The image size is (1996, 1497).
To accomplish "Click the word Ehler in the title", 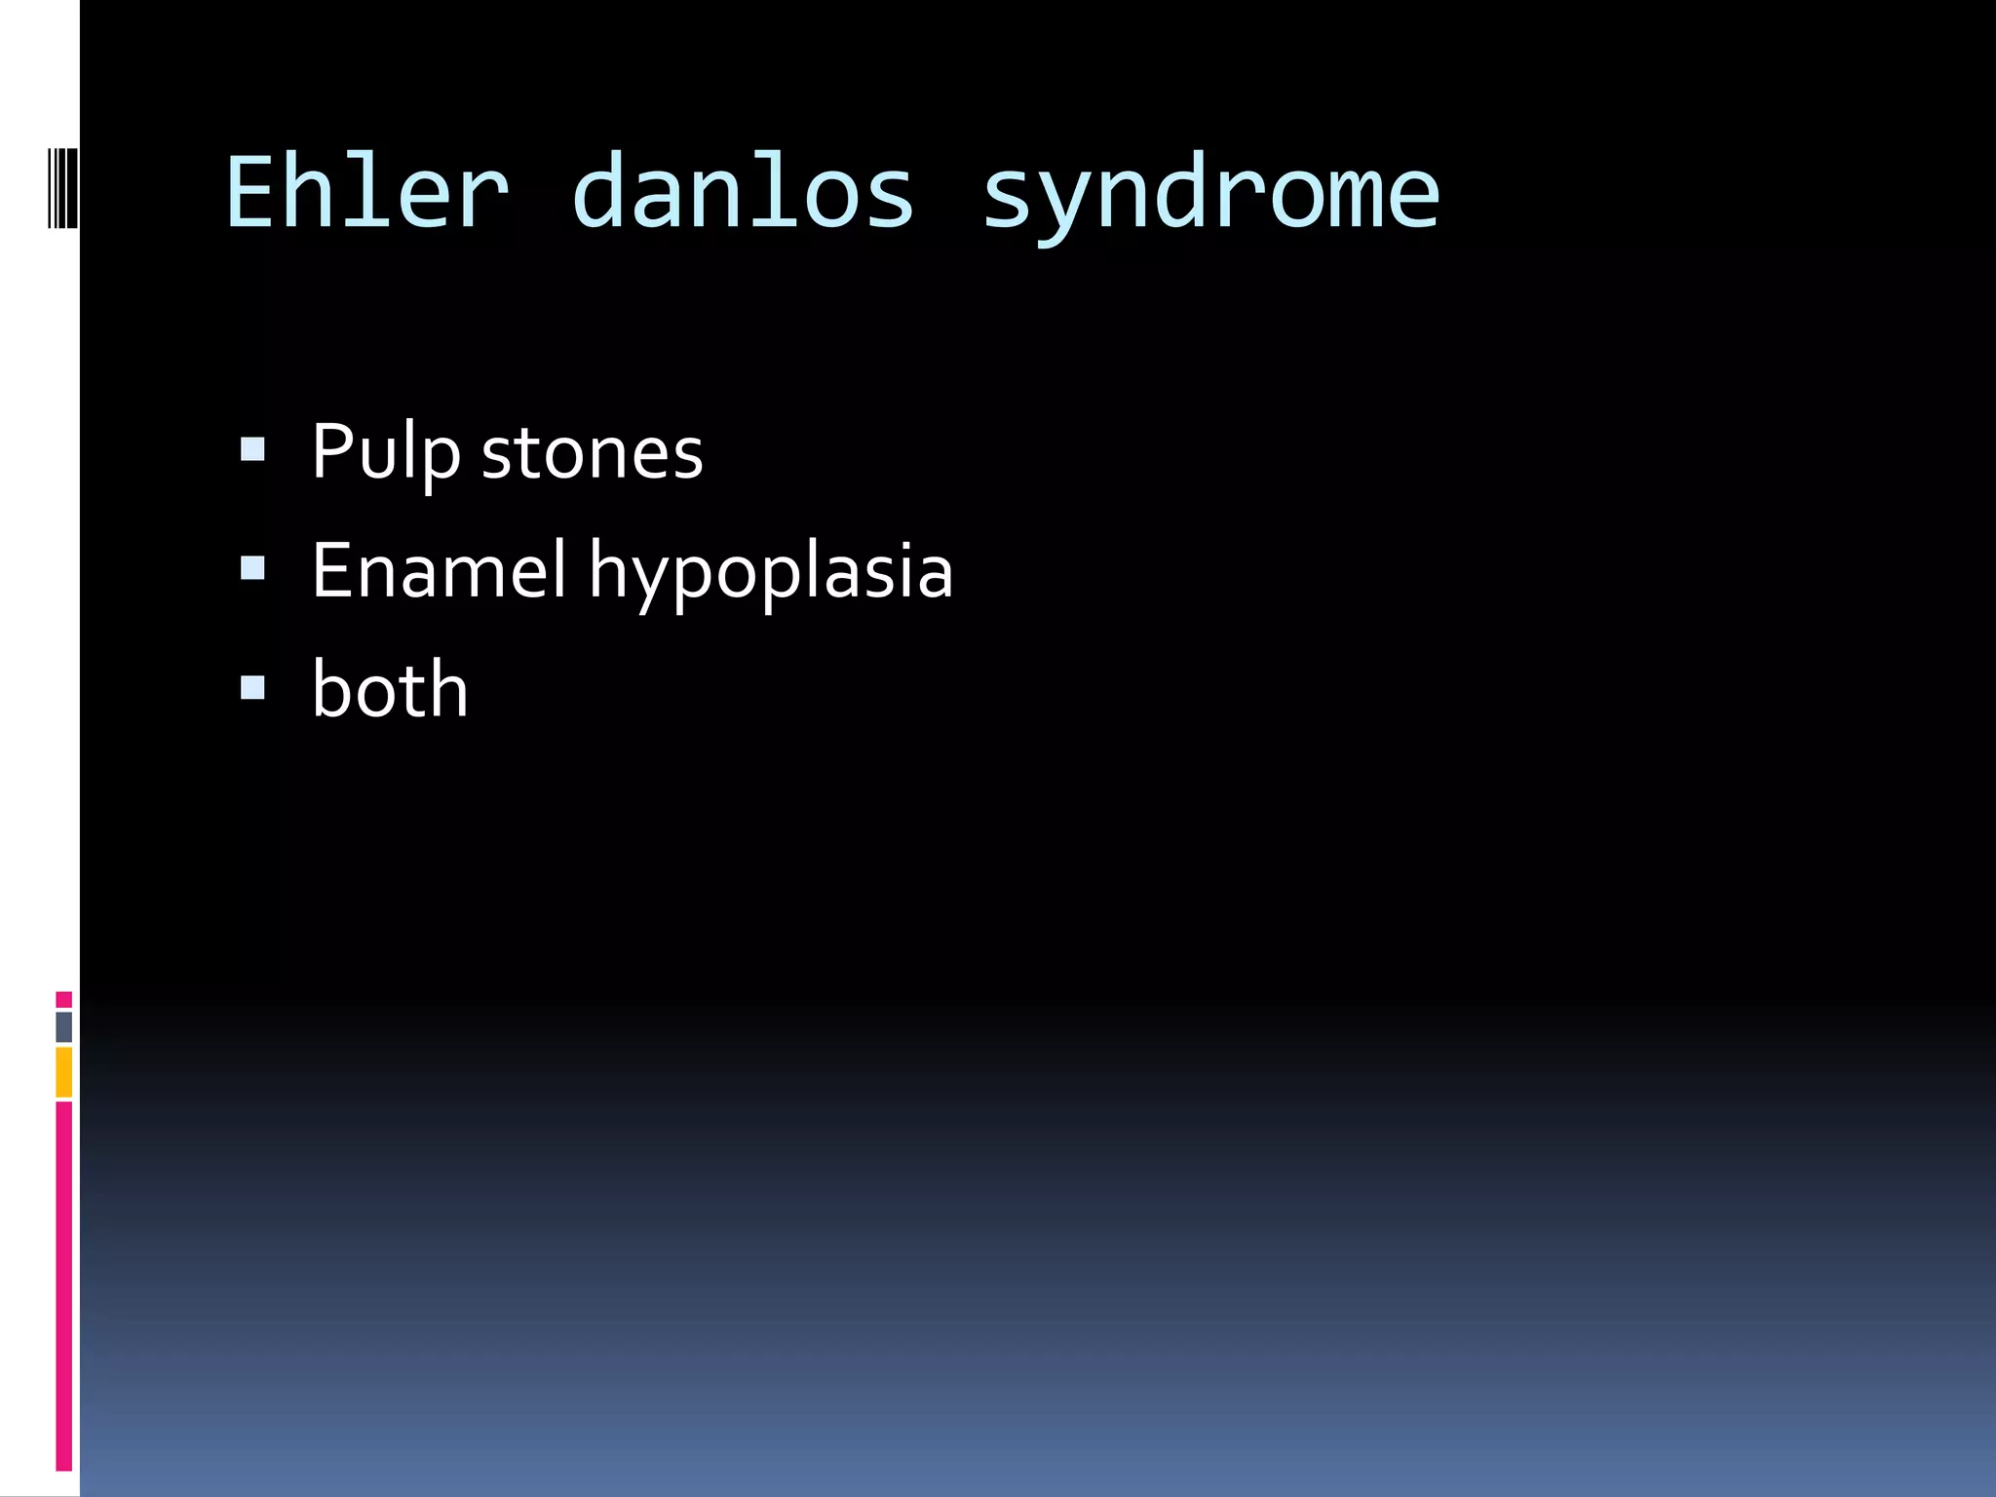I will point(367,193).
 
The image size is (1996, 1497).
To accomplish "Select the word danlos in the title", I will point(743,193).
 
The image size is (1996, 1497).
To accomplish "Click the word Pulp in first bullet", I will point(385,452).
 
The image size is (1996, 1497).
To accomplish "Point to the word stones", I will point(592,454).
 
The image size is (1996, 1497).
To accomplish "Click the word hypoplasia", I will point(770,574).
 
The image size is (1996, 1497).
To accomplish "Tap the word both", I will point(390,689).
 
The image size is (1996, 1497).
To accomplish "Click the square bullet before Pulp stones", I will point(252,449).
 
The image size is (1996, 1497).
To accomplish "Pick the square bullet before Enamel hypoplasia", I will point(252,568).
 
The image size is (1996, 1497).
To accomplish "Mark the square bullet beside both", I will point(252,688).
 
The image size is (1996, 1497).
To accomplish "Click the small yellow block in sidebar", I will point(64,1071).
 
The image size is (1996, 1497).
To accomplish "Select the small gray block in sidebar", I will point(64,1026).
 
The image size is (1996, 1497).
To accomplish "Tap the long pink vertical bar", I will point(64,1286).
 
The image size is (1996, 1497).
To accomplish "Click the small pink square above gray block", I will point(64,999).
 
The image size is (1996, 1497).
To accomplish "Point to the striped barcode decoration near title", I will point(62,187).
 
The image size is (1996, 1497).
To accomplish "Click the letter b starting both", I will point(331,689).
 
